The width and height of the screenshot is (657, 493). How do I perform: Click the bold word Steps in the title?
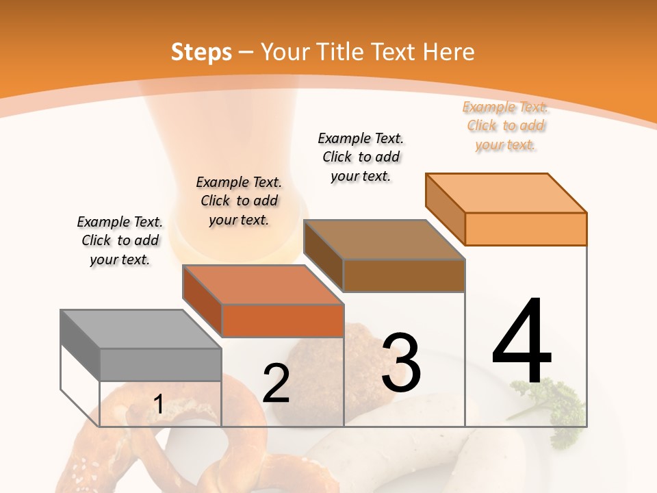(x=201, y=52)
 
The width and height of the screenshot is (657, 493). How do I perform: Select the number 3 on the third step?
(x=400, y=363)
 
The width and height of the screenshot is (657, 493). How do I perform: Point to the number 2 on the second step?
(x=276, y=384)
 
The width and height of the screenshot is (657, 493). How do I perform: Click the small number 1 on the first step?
(x=158, y=405)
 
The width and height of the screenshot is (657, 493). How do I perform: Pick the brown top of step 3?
(x=383, y=240)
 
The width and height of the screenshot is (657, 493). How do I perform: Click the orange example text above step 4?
(x=505, y=126)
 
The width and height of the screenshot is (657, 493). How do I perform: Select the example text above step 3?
(x=361, y=157)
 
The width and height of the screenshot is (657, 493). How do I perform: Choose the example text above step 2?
(x=239, y=201)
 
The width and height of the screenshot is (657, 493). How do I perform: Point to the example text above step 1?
(x=120, y=240)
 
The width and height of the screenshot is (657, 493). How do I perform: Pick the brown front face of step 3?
(x=404, y=276)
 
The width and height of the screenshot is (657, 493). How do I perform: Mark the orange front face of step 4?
(x=526, y=229)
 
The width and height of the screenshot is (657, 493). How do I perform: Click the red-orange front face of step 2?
(x=282, y=320)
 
